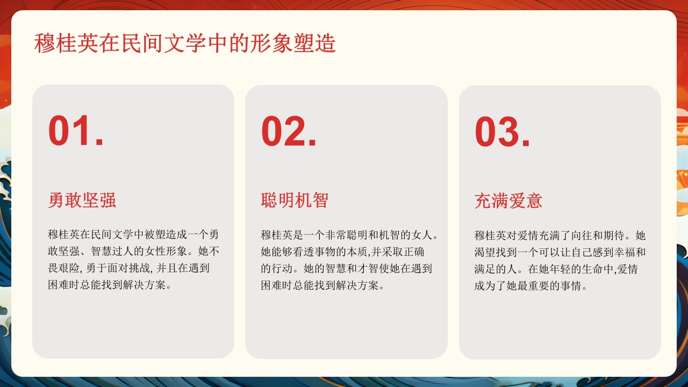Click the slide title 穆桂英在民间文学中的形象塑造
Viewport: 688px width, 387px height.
185,43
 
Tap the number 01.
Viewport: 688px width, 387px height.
76,132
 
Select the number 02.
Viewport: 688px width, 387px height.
289,132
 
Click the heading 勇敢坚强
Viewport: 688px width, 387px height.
82,200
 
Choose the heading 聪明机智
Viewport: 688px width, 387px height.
295,200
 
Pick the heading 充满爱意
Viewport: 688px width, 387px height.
508,201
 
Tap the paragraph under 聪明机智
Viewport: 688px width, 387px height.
349,260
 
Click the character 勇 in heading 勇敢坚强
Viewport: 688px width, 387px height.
56,200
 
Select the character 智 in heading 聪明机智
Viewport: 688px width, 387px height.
320,200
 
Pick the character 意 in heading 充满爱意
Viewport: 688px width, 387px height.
534,201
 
